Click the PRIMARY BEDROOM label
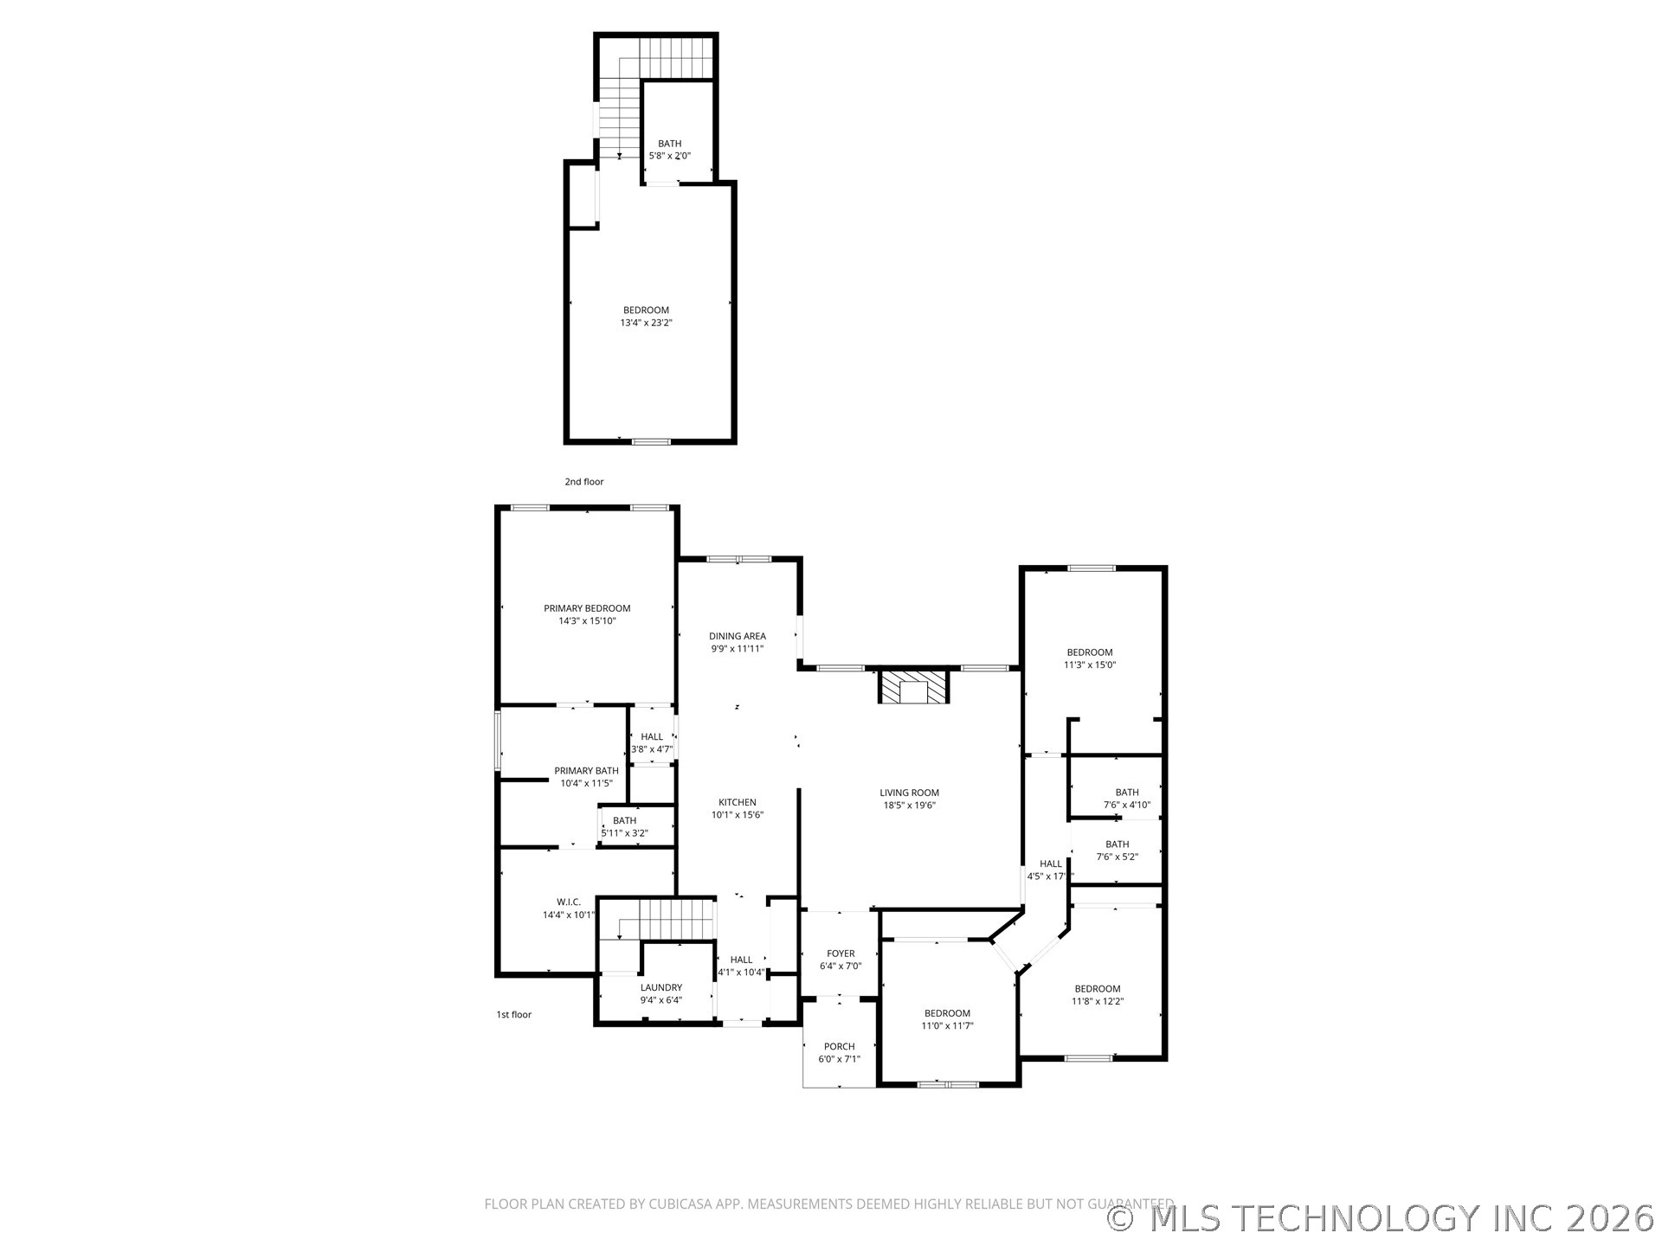tap(587, 608)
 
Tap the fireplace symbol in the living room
tap(914, 687)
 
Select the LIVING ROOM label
tap(909, 793)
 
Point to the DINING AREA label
tap(738, 636)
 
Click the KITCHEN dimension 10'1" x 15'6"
tap(738, 815)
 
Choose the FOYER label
tap(841, 954)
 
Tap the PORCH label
tap(839, 1046)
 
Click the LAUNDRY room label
tap(661, 987)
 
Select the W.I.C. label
tap(569, 902)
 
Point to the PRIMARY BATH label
tap(587, 771)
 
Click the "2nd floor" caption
tap(584, 482)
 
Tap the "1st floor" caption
tap(514, 1014)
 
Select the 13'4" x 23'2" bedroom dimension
tap(646, 323)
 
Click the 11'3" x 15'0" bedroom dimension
tap(1090, 665)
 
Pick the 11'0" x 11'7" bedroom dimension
tap(947, 1026)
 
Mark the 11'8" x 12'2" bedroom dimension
tap(1097, 1001)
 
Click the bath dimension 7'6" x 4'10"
tap(1127, 805)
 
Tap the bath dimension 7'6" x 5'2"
tap(1117, 857)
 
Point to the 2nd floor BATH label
tap(670, 144)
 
